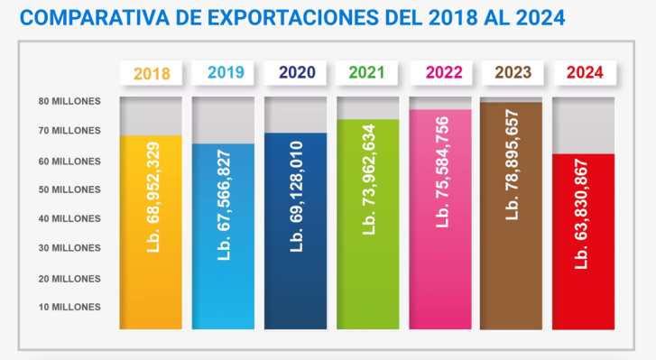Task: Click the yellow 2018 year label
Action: coord(151,73)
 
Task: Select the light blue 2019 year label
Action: coord(224,73)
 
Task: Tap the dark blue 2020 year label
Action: coord(296,73)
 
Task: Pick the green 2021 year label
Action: coord(368,73)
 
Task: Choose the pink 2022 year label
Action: coord(440,73)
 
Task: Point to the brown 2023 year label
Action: coord(512,73)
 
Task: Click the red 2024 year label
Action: coord(584,73)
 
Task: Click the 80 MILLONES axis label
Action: coord(69,101)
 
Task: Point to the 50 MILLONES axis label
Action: coord(69,189)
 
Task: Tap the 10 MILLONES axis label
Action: coord(69,307)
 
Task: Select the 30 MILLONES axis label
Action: coord(69,248)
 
